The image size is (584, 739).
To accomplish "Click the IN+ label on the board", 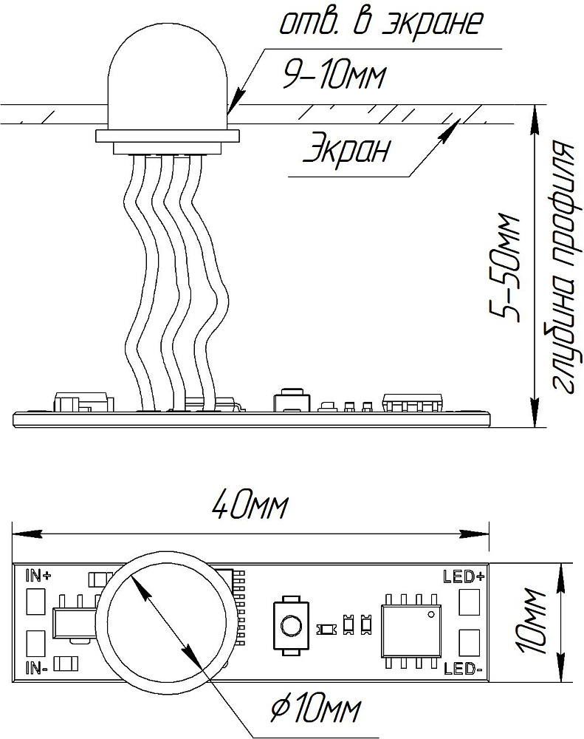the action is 38,576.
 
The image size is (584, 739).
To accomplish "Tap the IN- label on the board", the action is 36,668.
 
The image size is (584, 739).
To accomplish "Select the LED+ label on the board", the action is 464,576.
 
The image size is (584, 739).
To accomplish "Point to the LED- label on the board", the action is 463,668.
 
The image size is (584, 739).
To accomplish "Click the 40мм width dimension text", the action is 249,506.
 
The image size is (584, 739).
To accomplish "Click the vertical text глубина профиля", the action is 564,266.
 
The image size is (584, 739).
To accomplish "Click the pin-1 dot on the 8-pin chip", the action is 430,614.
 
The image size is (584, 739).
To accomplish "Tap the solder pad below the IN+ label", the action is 35,602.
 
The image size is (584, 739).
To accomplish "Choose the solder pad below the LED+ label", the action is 467,602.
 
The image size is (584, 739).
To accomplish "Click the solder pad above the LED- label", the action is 467,642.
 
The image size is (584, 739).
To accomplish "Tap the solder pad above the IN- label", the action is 35,643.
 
